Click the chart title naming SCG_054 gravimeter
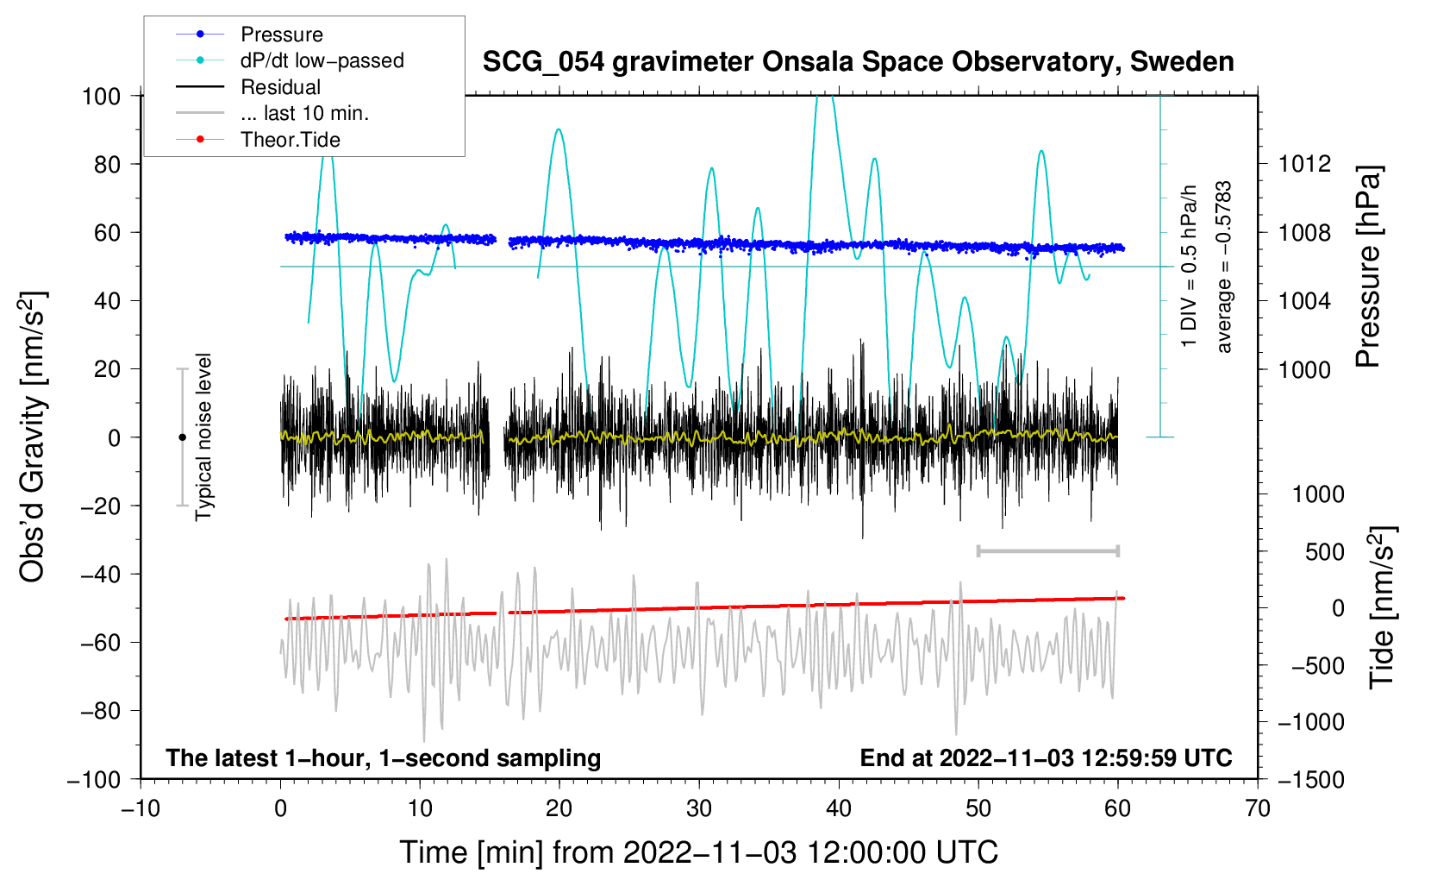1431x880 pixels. click(858, 62)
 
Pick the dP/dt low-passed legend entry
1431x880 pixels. click(322, 60)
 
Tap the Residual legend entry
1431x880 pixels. click(280, 87)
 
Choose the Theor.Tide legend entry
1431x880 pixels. click(290, 140)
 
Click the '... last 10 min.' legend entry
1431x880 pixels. click(304, 113)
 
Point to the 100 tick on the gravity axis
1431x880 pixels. click(101, 96)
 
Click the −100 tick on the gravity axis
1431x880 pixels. click(94, 779)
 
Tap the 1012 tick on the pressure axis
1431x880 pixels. click(1304, 164)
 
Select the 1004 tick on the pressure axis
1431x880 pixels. click(1304, 301)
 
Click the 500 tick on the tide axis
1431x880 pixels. click(1325, 552)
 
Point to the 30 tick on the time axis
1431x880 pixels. click(699, 808)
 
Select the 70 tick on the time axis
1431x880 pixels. click(1258, 808)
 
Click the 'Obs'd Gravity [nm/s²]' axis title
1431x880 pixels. click(32, 437)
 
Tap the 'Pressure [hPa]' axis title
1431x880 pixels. click(1368, 267)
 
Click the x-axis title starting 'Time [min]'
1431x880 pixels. click(698, 852)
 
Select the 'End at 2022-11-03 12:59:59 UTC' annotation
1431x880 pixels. click(1046, 757)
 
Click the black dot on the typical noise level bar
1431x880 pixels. click(182, 437)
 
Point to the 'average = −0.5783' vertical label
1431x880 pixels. click(1224, 267)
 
